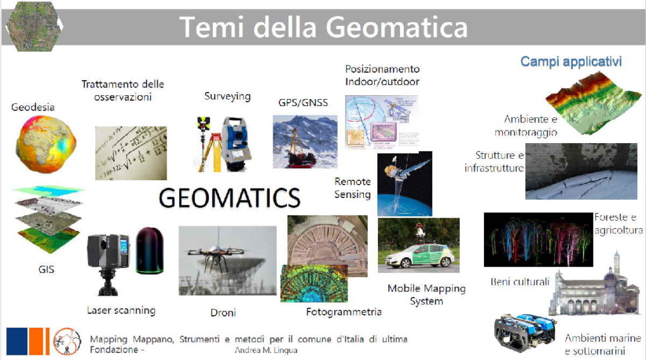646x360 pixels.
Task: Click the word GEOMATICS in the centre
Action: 230,198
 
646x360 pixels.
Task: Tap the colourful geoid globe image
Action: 45,144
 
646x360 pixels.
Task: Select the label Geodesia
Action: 33,107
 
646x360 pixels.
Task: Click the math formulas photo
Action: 131,153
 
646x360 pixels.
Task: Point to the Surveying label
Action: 227,96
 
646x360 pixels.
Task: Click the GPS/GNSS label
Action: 303,103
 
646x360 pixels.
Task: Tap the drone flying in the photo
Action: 215,255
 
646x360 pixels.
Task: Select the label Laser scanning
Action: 121,310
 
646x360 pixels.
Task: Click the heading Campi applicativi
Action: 571,61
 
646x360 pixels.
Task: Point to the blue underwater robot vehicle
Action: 525,332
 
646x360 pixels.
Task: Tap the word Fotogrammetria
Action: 344,312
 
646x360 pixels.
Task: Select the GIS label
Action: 46,269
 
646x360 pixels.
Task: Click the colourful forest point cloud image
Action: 538,240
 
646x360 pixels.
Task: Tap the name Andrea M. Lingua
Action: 266,350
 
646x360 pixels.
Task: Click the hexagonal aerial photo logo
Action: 34,26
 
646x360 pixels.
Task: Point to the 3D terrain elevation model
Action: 593,103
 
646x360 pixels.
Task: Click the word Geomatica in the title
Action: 397,28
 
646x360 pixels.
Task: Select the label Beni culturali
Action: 520,282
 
